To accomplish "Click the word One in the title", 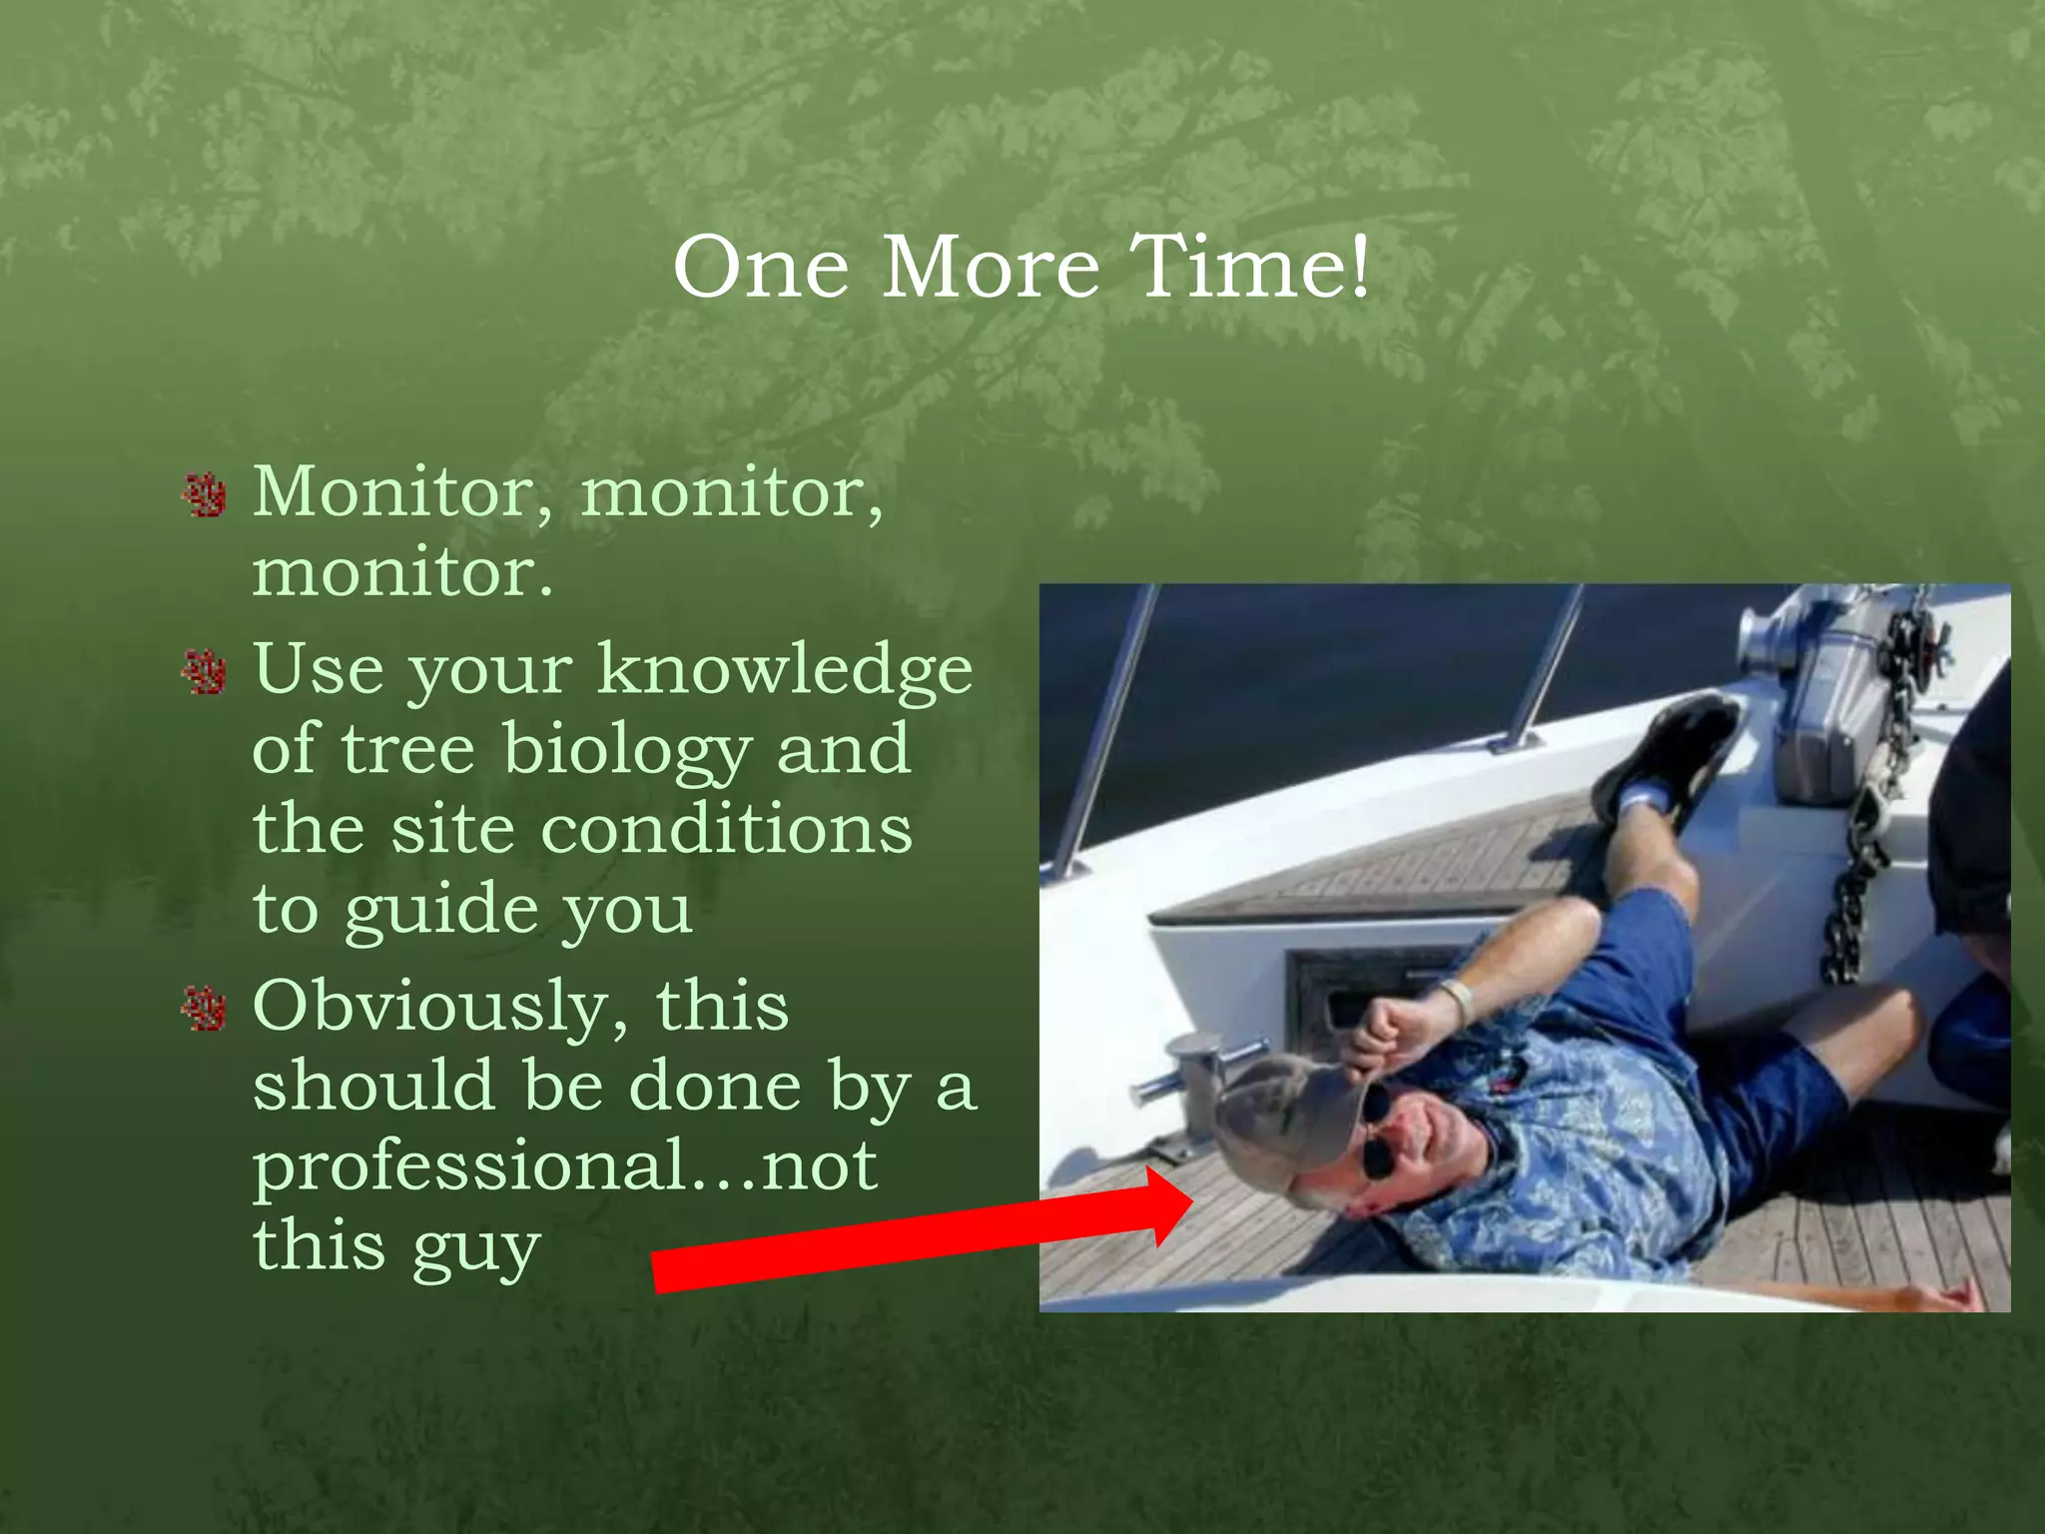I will pos(761,268).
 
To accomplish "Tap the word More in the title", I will pos(990,268).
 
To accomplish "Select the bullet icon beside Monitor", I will pos(205,495).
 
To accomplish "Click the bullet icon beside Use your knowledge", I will pos(205,672).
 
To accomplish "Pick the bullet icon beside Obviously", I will pos(205,1009).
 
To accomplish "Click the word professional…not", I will pos(565,1166).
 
